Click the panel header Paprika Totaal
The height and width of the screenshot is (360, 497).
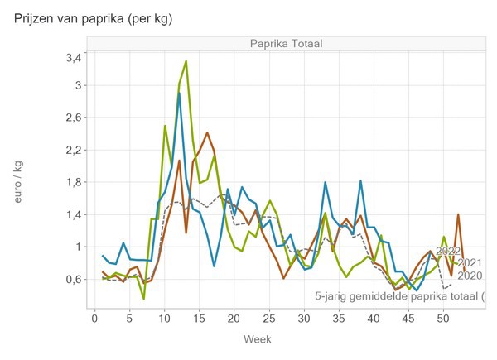coord(287,43)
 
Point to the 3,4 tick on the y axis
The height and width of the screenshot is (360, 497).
coord(73,57)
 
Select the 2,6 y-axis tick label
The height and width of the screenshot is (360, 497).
coord(73,118)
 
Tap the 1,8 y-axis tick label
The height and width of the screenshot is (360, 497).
coord(73,182)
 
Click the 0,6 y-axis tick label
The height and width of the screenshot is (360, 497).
coord(73,280)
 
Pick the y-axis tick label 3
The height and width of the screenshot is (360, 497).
coord(78,85)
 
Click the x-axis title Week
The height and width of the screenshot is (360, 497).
coord(258,339)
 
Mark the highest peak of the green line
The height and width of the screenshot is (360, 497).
coord(186,61)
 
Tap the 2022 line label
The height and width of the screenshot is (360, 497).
coord(448,251)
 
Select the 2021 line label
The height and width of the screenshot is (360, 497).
coord(470,263)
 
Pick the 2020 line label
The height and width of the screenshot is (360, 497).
coord(470,276)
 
